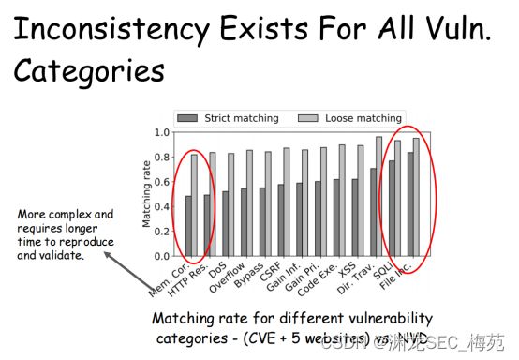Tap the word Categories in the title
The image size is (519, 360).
[90, 71]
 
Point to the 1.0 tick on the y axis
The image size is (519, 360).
[161, 132]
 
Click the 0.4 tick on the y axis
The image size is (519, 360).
[161, 206]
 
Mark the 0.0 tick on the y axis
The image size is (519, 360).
[161, 256]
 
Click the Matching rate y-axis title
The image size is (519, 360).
[145, 194]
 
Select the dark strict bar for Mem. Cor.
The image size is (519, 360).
[187, 226]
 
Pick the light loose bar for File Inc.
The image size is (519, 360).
[416, 197]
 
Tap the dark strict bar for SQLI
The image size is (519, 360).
[392, 208]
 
